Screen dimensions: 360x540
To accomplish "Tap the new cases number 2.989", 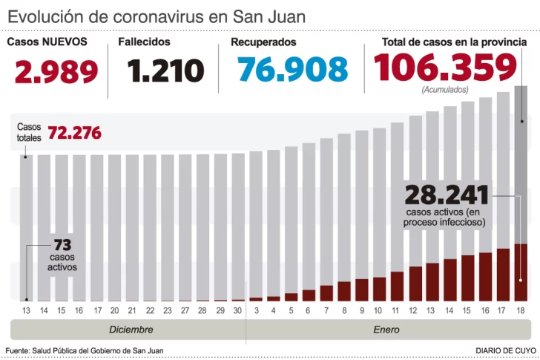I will (56, 71).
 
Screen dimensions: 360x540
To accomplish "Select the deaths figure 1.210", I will (165, 71).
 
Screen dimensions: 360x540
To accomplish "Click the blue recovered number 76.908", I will (292, 70).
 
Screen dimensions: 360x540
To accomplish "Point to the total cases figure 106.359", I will (445, 68).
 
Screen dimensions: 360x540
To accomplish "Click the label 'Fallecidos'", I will (144, 42).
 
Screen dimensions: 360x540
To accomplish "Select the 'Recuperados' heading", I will (263, 42).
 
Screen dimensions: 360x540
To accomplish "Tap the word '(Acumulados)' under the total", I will (445, 90).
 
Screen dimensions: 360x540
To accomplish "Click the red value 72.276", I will (74, 134).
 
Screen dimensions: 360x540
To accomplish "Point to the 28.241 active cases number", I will (447, 195).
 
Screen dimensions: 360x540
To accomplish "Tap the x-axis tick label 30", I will (237, 310).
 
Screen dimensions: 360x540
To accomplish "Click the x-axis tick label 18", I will (521, 310).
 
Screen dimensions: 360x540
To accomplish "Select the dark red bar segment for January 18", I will (521, 272).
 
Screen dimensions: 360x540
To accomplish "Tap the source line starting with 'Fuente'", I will (84, 350).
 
